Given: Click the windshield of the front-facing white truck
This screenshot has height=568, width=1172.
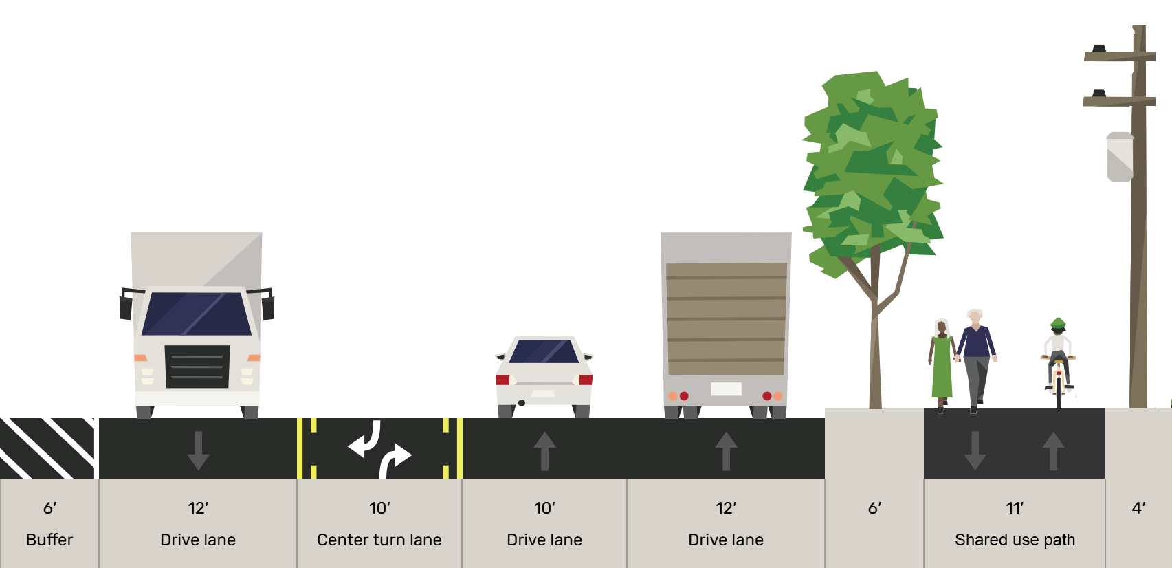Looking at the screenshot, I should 197,314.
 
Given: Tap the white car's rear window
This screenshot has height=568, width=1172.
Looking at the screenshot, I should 544,351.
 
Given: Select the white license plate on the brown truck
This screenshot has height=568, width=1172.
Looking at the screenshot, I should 726,389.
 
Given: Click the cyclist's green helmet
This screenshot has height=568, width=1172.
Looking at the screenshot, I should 1058,323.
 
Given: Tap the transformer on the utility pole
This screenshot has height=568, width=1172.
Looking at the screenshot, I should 1120,157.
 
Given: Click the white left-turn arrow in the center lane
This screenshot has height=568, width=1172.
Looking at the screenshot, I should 366,441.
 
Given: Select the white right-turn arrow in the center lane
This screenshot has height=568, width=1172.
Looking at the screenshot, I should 395,459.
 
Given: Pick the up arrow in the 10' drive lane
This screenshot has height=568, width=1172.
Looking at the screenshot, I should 544,450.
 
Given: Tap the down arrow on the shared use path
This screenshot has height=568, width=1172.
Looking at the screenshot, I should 975,450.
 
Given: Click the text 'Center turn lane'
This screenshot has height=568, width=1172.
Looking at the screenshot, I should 379,540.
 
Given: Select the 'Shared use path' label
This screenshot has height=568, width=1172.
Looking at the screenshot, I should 1015,540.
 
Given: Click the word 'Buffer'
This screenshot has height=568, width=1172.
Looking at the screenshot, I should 49,540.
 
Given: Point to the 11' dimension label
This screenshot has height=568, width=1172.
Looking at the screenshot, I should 1015,508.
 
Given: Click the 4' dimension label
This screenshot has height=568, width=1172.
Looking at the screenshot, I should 1138,508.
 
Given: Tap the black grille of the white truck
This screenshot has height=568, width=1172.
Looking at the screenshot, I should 197,367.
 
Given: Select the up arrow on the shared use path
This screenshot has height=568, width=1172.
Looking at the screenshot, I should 1053,450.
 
